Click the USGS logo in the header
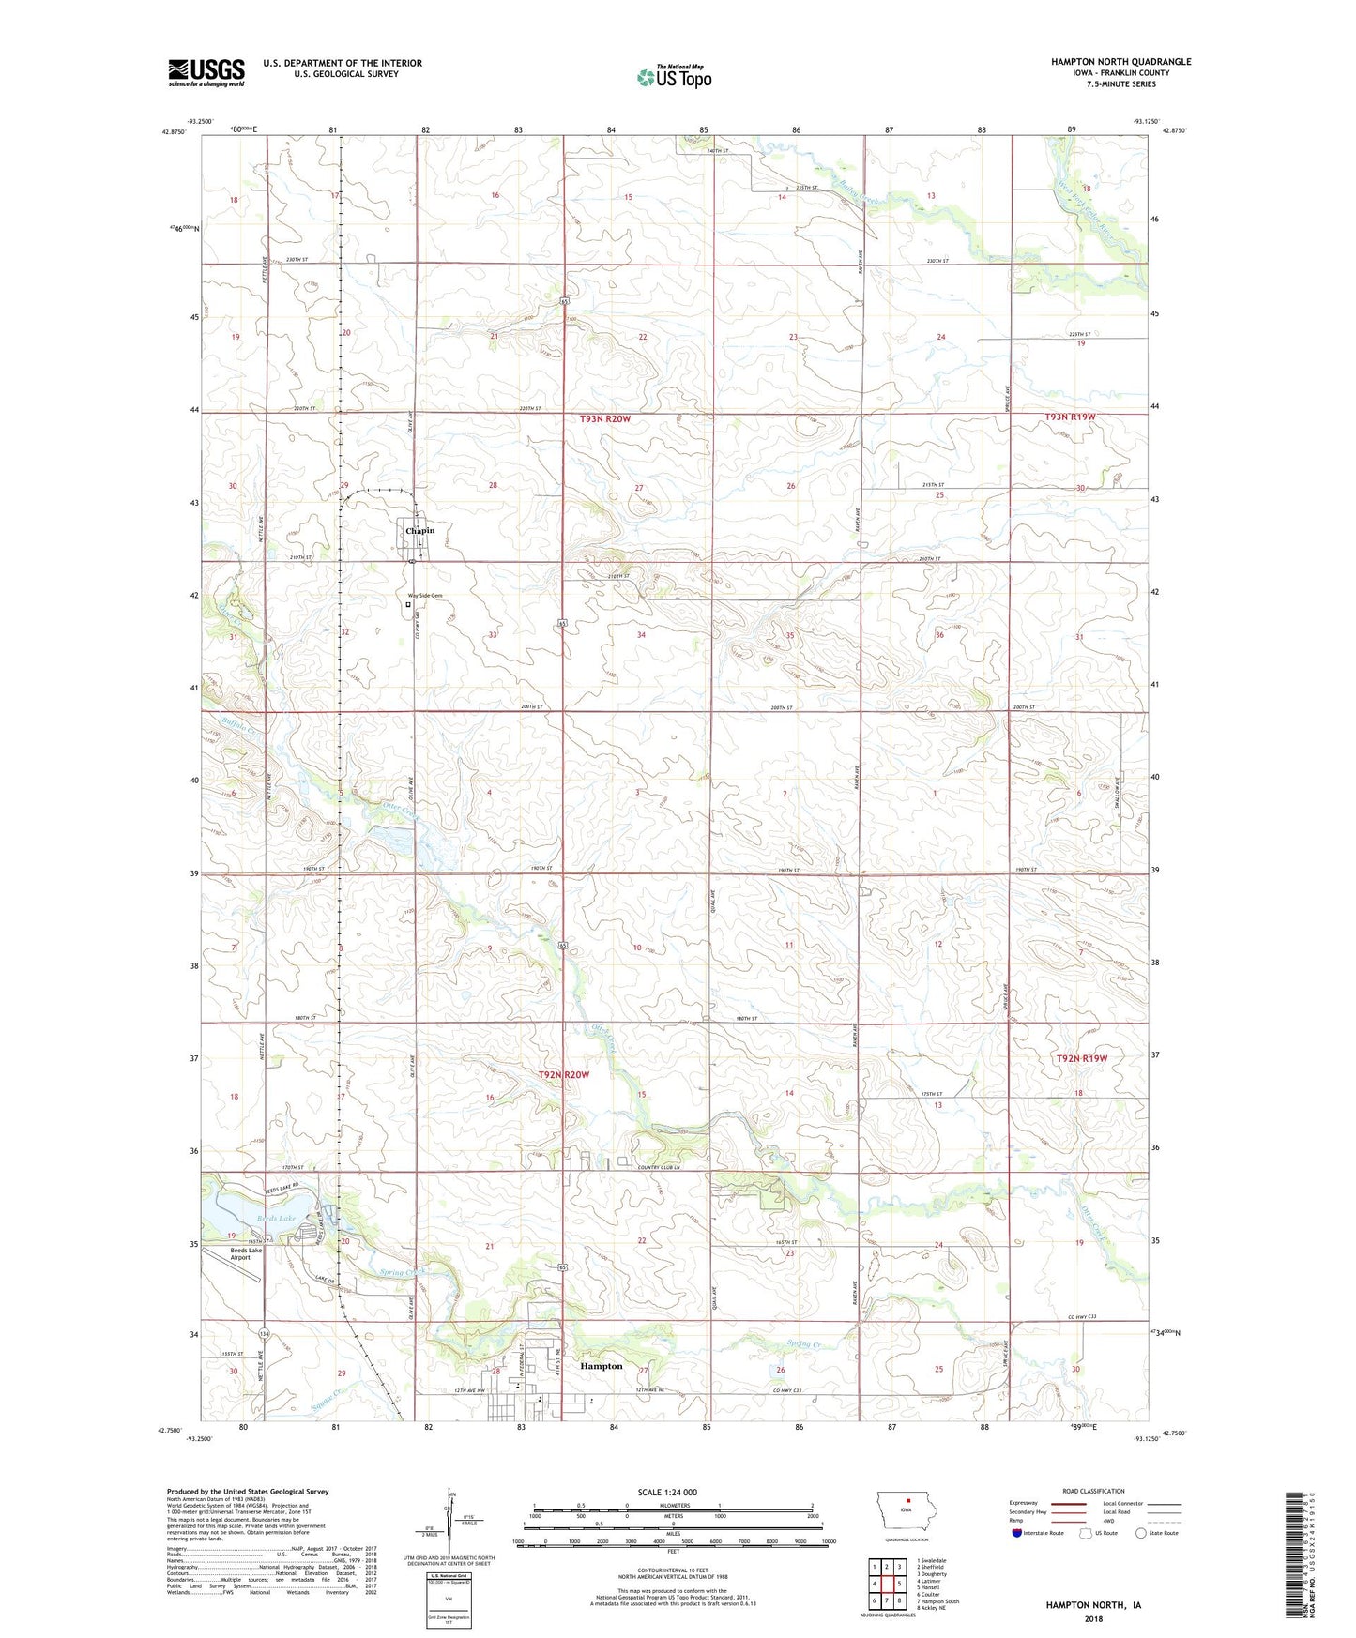206,72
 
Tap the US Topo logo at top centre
674,77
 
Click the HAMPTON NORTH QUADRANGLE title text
1120,62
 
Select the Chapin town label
419,531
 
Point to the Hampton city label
601,1366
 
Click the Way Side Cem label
424,596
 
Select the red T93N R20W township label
598,419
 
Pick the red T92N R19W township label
1082,1058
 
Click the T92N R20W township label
563,1074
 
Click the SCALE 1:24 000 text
667,1493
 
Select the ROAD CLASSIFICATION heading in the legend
1094,1491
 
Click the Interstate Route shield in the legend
1017,1533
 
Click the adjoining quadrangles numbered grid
886,1583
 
